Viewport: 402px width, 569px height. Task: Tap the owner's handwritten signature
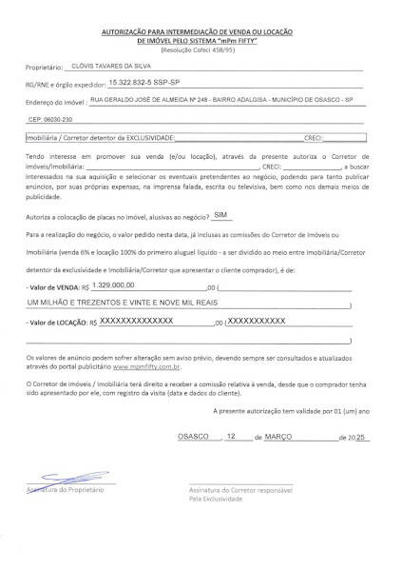(69, 480)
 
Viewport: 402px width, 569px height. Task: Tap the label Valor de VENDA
(55, 286)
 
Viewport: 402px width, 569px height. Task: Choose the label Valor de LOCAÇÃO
(58, 324)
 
